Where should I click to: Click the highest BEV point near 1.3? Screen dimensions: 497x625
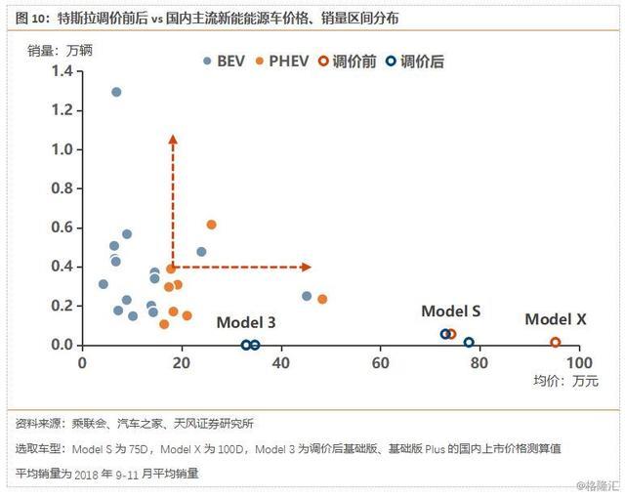pos(116,92)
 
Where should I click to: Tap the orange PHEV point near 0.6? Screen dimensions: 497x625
pos(211,225)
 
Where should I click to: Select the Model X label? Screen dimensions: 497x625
pos(556,319)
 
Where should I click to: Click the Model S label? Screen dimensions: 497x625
pos(450,311)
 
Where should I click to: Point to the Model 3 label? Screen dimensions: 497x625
pos(246,322)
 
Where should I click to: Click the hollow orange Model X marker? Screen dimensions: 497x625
pos(556,343)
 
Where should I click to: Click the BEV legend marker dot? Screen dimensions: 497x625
pos(207,62)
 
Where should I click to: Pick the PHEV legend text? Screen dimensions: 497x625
pos(289,62)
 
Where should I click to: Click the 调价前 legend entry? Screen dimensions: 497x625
pos(348,62)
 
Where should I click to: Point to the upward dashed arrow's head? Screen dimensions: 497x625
pos(173,139)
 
